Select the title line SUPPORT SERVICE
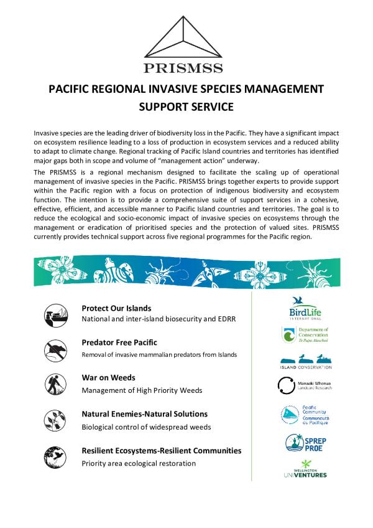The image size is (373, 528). click(186, 106)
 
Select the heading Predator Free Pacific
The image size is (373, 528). click(119, 342)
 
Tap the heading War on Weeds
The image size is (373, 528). click(108, 378)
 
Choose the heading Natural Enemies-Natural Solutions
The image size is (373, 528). click(144, 414)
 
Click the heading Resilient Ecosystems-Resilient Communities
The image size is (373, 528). click(162, 450)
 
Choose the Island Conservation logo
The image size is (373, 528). click(305, 361)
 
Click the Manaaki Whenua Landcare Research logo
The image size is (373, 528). click(305, 386)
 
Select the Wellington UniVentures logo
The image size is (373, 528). click(305, 468)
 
